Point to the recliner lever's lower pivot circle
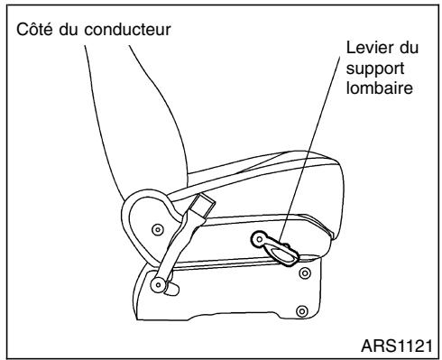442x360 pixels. [x=160, y=287]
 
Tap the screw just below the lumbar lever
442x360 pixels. [x=304, y=270]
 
